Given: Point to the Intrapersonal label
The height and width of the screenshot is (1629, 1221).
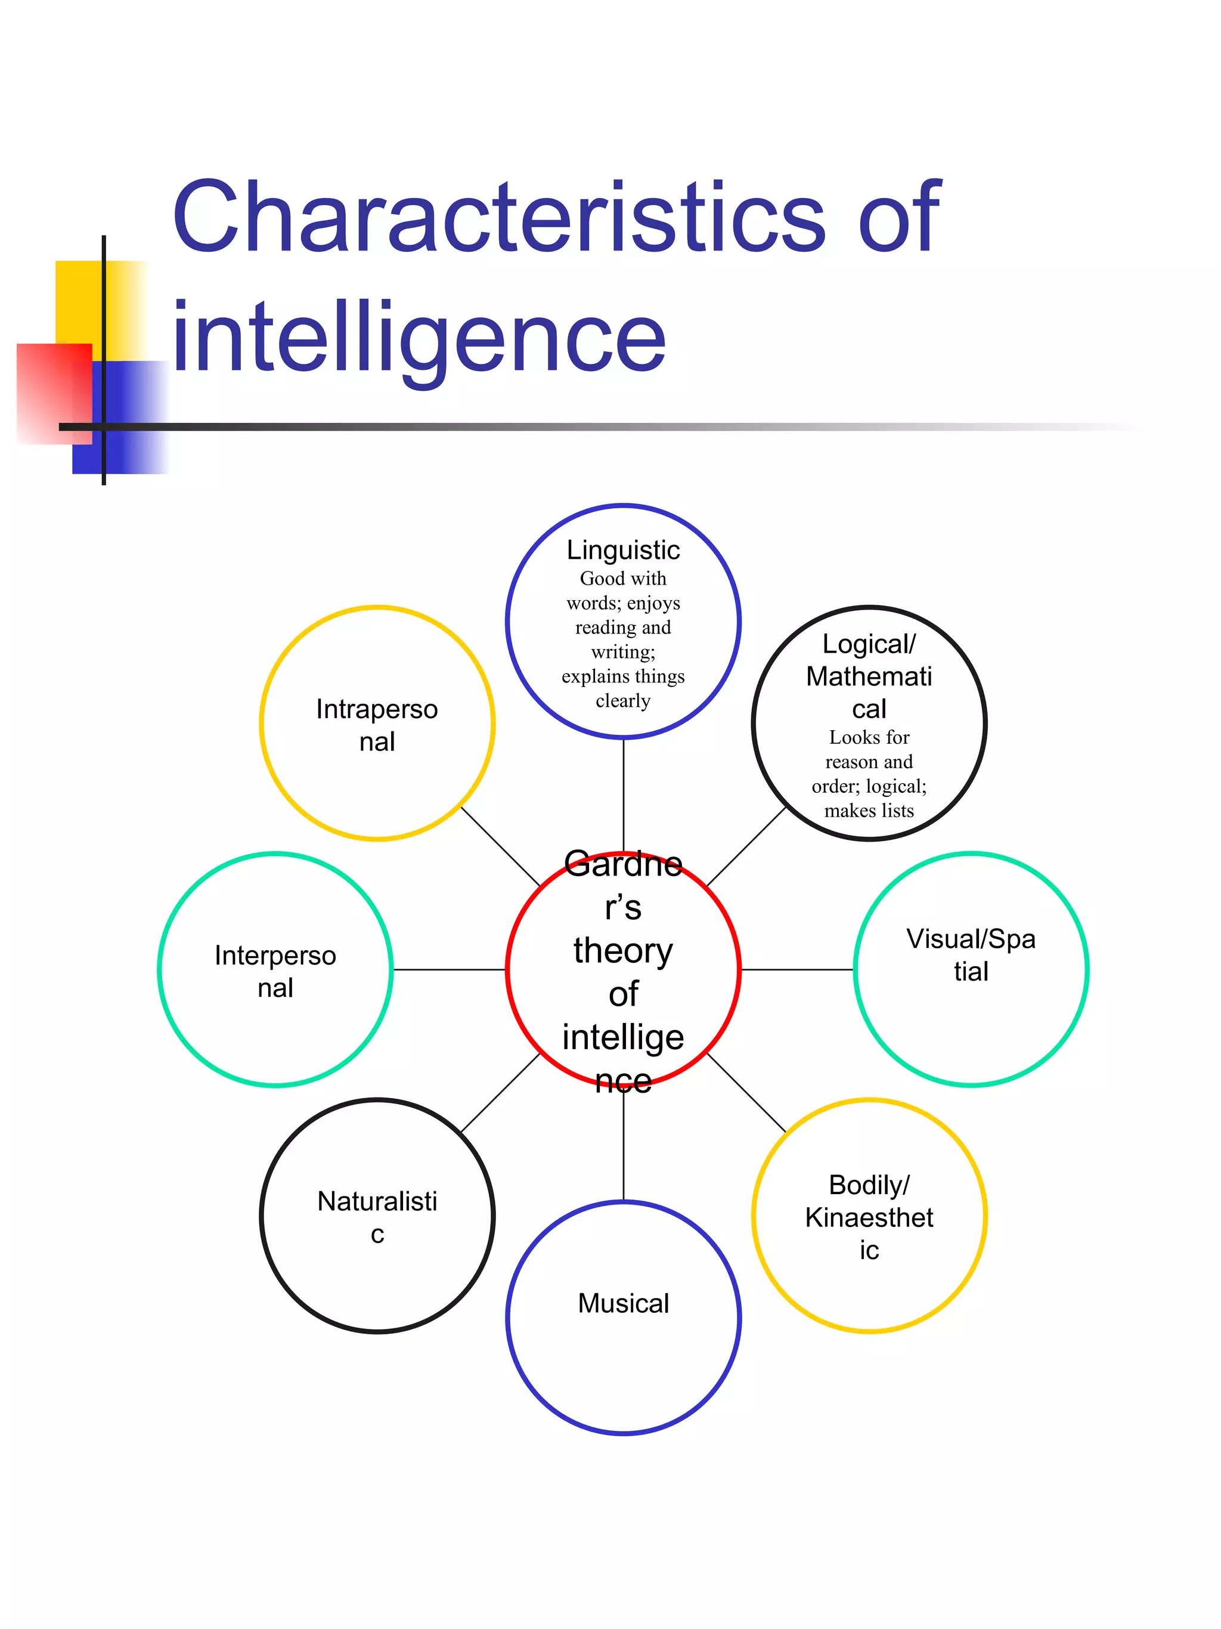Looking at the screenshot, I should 377,725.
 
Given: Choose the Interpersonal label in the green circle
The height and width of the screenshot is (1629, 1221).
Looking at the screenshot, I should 275,971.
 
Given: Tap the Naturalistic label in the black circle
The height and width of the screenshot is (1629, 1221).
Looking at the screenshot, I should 377,1217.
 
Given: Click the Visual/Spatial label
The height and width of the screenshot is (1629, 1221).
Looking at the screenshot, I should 971,955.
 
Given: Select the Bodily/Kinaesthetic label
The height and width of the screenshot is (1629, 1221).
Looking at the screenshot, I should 869,1217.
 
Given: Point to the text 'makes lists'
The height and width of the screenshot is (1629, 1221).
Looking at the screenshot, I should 869,811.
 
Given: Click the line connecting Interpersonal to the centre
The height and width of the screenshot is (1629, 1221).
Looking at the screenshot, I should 449,970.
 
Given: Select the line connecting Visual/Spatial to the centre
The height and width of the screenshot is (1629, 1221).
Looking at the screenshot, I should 797,970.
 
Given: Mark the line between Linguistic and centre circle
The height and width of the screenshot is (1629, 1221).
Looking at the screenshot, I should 624,792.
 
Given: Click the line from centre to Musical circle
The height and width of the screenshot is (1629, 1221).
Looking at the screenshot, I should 624,1149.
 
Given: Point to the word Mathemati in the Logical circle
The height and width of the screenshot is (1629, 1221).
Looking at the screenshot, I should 869,676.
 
